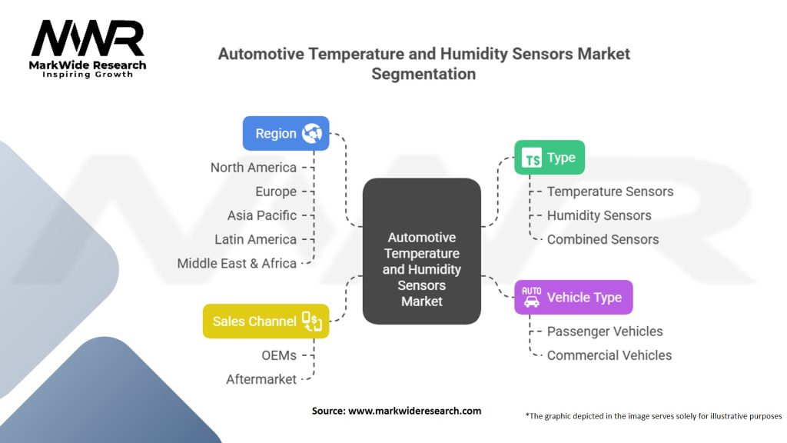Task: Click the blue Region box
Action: pos(286,133)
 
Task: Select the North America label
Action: pos(253,168)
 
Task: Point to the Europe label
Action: pos(275,192)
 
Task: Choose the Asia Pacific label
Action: pos(261,215)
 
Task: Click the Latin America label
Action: pos(255,239)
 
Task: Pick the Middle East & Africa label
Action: pos(237,263)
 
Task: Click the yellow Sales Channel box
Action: pos(266,321)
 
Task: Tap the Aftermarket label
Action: pos(261,379)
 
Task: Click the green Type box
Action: pos(549,158)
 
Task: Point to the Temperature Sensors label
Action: pos(609,192)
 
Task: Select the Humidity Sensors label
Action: pos(599,215)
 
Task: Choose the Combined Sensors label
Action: pos(603,239)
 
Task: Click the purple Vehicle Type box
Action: pos(573,297)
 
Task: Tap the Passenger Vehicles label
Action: pos(604,331)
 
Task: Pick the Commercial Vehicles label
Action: pos(609,355)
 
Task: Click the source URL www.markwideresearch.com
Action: pos(414,411)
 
